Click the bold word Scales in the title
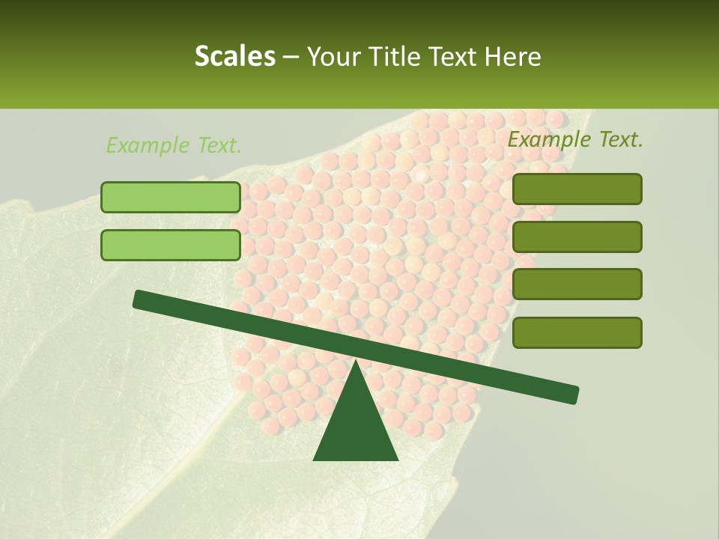point(234,56)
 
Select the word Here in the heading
point(513,56)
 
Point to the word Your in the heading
point(335,56)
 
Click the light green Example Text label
point(174,145)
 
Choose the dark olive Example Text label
point(575,139)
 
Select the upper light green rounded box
point(171,197)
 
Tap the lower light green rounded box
point(171,245)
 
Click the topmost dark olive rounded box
point(577,189)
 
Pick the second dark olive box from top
point(577,237)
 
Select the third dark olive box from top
point(577,284)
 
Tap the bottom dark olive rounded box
point(577,332)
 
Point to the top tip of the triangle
point(355,362)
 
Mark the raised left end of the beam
point(139,299)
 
